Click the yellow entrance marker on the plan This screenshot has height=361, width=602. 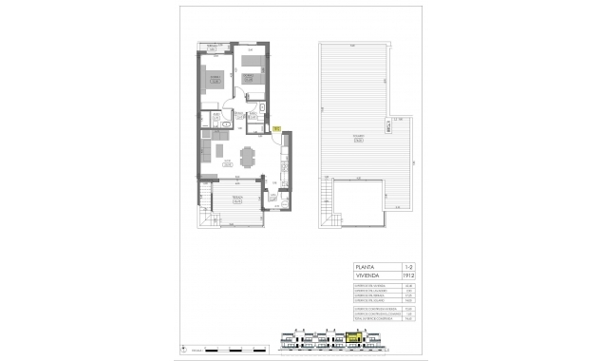[x=274, y=127]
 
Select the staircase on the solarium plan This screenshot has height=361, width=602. [x=326, y=201]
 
